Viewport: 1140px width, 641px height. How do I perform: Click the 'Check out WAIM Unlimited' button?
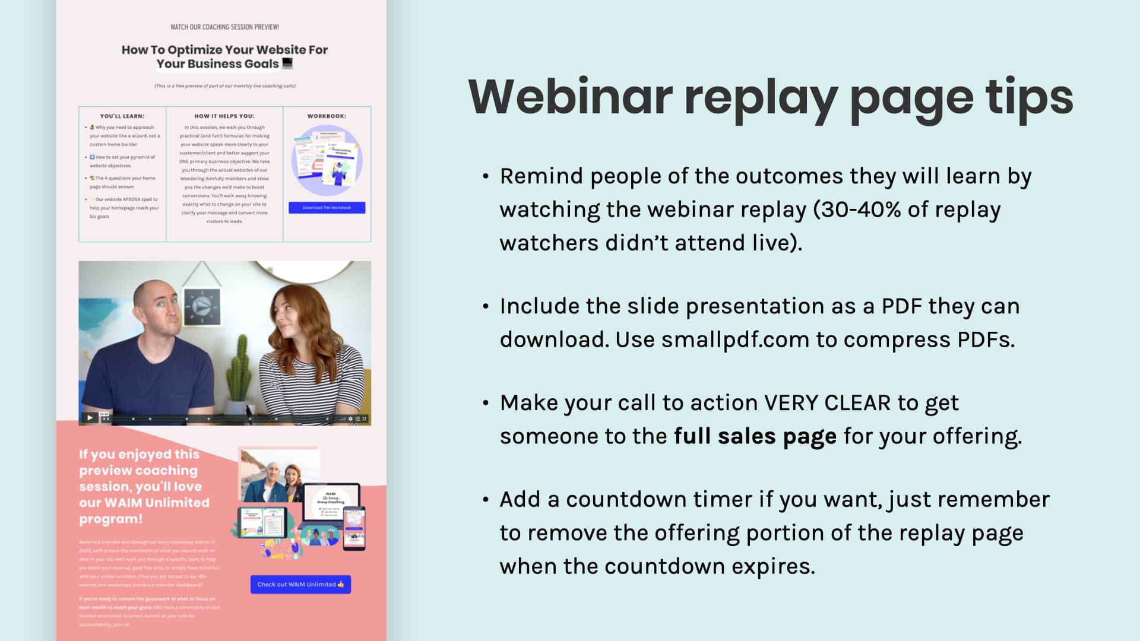[300, 585]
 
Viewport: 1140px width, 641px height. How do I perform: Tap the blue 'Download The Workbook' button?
[327, 208]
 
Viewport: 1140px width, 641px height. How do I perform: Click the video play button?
[90, 418]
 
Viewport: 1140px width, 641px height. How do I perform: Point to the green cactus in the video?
[240, 368]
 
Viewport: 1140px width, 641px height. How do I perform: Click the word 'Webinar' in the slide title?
[570, 97]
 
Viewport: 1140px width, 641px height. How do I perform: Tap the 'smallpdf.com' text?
[735, 339]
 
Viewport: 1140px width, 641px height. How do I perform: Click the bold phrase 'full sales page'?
[755, 436]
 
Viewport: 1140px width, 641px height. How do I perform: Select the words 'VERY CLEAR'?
[827, 403]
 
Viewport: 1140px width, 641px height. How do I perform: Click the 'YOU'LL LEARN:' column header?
[122, 116]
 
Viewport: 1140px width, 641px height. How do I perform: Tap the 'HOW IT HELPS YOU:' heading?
[224, 116]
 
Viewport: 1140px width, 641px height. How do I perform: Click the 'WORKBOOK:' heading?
[327, 116]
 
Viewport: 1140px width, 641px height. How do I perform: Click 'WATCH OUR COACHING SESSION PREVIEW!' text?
[224, 27]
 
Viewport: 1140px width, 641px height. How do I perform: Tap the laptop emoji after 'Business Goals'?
[287, 63]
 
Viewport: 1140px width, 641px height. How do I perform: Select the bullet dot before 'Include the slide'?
[486, 307]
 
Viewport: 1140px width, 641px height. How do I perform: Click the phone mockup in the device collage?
[354, 528]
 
